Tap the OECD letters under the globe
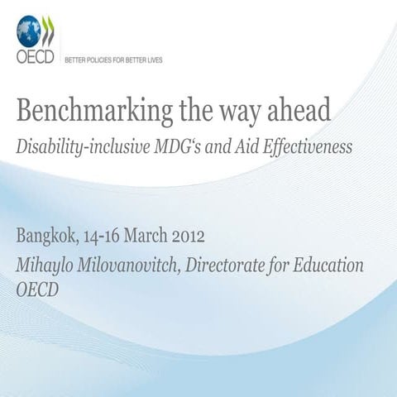click(x=32, y=59)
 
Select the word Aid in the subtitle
click(x=243, y=147)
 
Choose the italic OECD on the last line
click(x=38, y=290)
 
